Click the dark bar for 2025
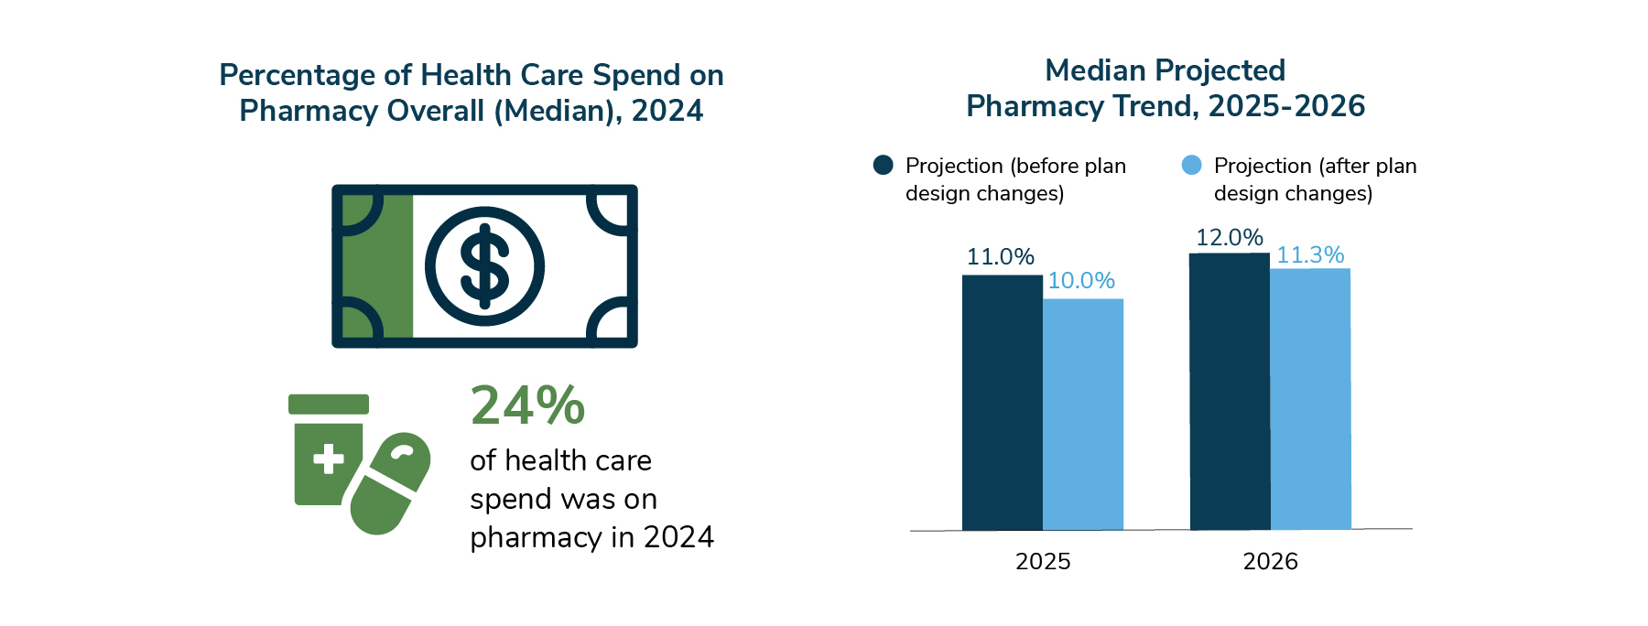[x=1002, y=403]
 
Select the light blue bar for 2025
[x=1082, y=414]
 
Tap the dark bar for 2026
[x=1229, y=392]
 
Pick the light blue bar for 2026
[x=1309, y=399]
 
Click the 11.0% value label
[x=1000, y=257]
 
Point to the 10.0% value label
[x=1080, y=281]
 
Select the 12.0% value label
[x=1229, y=238]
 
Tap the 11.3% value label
[x=1309, y=255]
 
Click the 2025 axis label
[x=1043, y=562]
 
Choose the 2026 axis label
[x=1270, y=562]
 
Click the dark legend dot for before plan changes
[x=883, y=165]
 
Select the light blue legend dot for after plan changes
[x=1191, y=165]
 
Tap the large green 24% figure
[x=527, y=405]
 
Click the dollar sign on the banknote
[x=484, y=266]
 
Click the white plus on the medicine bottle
[x=328, y=459]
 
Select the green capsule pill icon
[x=390, y=483]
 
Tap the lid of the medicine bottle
[x=328, y=404]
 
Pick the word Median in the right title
[x=1095, y=70]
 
